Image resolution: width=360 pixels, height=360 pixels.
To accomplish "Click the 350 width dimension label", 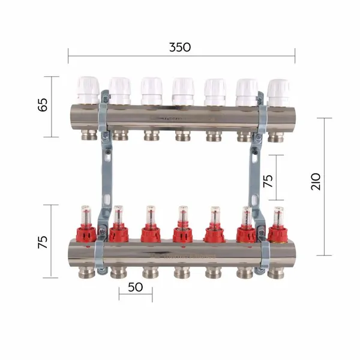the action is coord(180,47).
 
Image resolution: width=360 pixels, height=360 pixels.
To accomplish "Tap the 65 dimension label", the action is coord(43,105).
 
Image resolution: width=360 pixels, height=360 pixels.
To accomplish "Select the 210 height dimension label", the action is coord(316,181).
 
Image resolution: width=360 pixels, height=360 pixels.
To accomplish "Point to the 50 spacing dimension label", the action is coord(136,287).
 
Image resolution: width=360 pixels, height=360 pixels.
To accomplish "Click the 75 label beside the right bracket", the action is coord(268,181).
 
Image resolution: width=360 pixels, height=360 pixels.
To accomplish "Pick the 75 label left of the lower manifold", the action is coord(43,242).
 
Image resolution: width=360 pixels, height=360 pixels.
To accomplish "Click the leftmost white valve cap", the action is coord(88,91).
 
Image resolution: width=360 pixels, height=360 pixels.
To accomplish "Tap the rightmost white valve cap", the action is coord(279,93).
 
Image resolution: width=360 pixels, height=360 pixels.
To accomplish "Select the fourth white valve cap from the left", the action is coord(183,91).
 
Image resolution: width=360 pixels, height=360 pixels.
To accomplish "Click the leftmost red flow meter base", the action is coord(86,233).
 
